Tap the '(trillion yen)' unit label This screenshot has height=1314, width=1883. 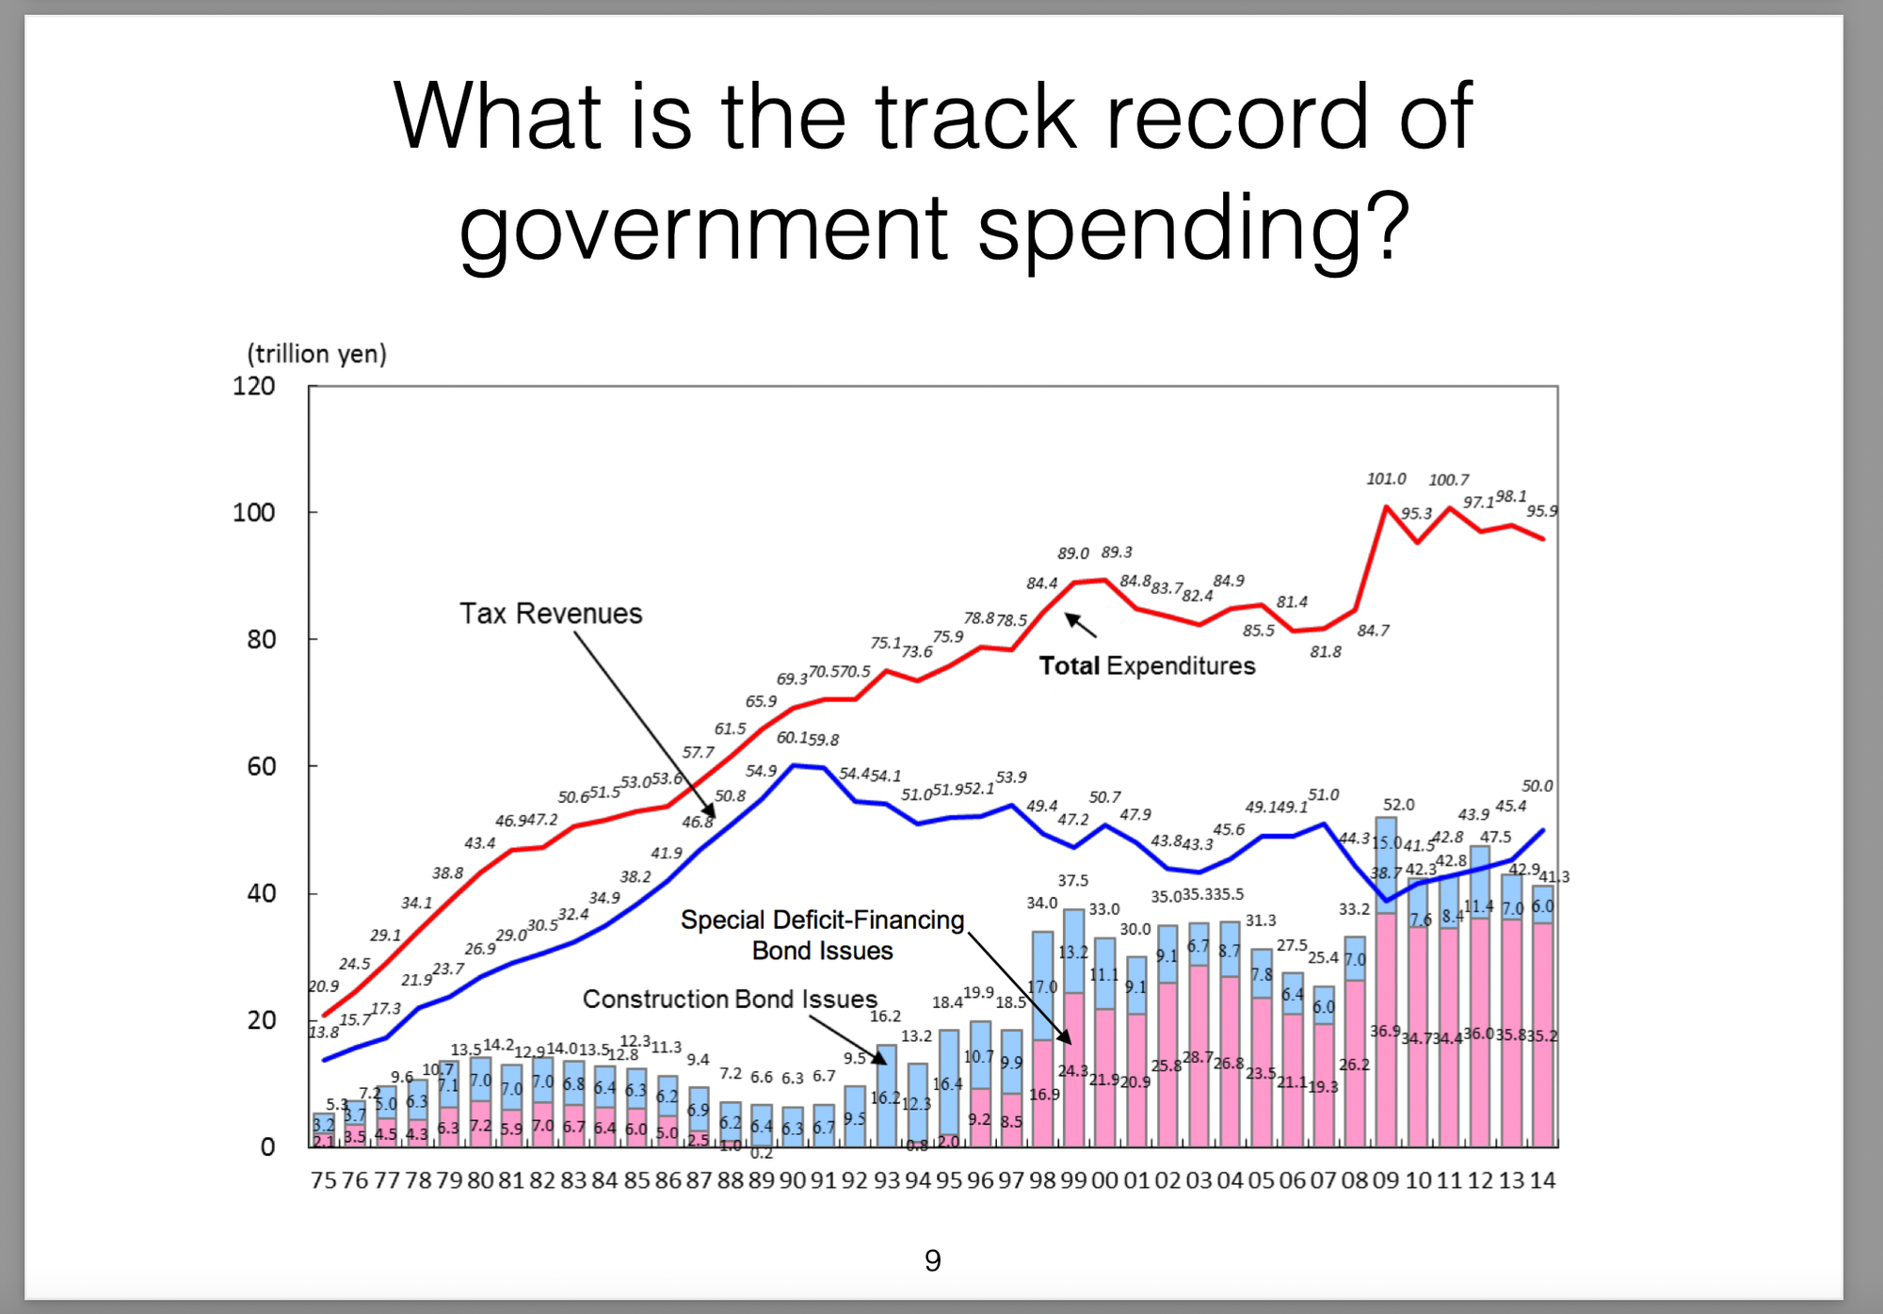click(x=316, y=354)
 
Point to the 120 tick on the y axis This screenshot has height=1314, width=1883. click(x=254, y=386)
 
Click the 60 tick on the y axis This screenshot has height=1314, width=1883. click(x=262, y=766)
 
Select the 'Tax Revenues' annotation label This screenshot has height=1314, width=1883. click(x=551, y=614)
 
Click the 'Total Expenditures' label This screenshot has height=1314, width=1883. click(x=1147, y=666)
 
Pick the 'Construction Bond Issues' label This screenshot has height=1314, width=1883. click(x=730, y=999)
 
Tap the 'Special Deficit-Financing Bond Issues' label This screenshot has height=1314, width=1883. click(x=822, y=935)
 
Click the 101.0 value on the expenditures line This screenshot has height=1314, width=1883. click(x=1386, y=479)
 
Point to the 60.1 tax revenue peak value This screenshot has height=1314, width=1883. click(x=792, y=738)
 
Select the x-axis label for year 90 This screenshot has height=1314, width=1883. click(x=793, y=1180)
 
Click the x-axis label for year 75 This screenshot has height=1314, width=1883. click(x=323, y=1180)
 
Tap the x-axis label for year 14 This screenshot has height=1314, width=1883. click(x=1542, y=1180)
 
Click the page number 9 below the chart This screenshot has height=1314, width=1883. click(x=932, y=1260)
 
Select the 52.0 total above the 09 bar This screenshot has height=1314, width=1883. click(x=1398, y=805)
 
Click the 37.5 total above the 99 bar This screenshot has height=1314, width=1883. click(x=1072, y=881)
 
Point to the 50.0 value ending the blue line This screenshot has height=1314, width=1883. click(x=1537, y=786)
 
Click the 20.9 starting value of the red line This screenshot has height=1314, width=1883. click(x=323, y=986)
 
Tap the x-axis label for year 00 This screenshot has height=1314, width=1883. click(x=1104, y=1180)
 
